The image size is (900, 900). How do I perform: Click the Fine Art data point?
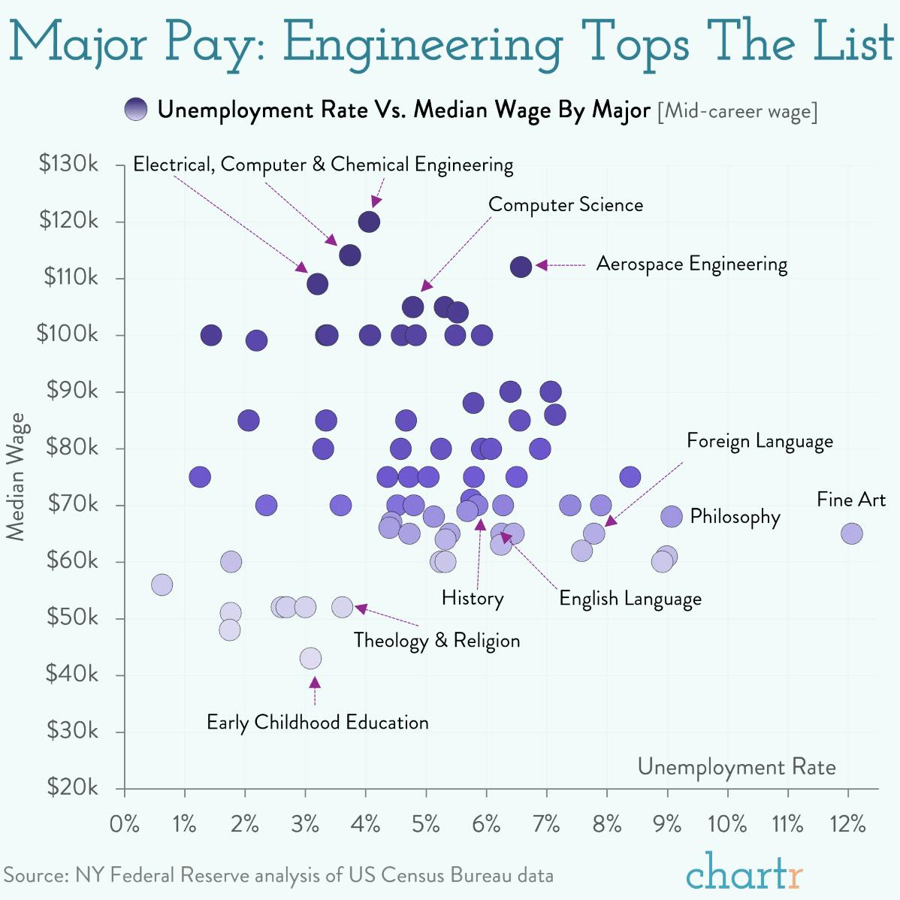pyautogui.click(x=851, y=533)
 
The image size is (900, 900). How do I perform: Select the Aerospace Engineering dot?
pyautogui.click(x=521, y=266)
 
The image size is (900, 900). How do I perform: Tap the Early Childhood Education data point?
pyautogui.click(x=310, y=658)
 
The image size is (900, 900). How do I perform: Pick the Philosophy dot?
pyautogui.click(x=672, y=516)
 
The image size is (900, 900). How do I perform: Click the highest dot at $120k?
pyautogui.click(x=369, y=222)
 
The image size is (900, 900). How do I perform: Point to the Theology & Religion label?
pyautogui.click(x=436, y=640)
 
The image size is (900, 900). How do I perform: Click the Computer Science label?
pyautogui.click(x=565, y=204)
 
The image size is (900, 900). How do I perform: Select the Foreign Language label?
pyautogui.click(x=760, y=441)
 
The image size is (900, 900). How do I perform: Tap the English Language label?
pyautogui.click(x=630, y=599)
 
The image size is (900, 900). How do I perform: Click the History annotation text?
pyautogui.click(x=473, y=598)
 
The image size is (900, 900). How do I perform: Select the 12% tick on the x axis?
pyautogui.click(x=847, y=824)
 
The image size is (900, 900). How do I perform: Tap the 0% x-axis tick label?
pyautogui.click(x=124, y=824)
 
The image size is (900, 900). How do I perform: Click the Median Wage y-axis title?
pyautogui.click(x=16, y=476)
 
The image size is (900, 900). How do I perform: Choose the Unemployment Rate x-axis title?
pyautogui.click(x=736, y=766)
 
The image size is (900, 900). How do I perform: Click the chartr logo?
pyautogui.click(x=744, y=874)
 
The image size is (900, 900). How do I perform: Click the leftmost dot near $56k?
pyautogui.click(x=162, y=584)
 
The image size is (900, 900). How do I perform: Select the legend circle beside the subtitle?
pyautogui.click(x=137, y=110)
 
